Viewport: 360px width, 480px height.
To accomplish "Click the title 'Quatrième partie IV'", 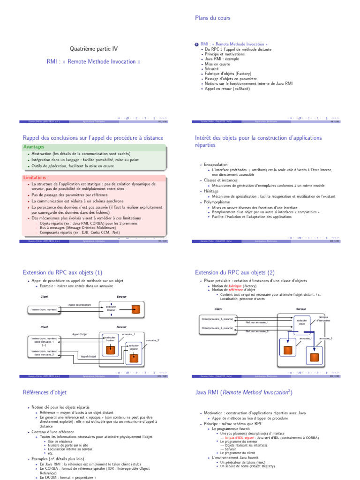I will coord(94,48).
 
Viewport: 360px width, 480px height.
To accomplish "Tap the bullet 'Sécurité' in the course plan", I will coord(212,68).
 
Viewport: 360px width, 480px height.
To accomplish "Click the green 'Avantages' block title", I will coord(34,147).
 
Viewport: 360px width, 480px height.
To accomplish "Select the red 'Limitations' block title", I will coord(35,178).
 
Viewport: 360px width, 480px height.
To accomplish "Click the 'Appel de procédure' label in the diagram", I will coord(79,305).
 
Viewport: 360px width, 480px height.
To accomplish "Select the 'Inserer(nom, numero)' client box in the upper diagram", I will coord(44,310).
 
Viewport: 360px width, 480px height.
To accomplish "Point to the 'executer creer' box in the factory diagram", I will coord(302,322).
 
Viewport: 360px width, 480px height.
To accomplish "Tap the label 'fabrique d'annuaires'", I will coord(323,319).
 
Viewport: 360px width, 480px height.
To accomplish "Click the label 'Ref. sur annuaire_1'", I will coord(257,322).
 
